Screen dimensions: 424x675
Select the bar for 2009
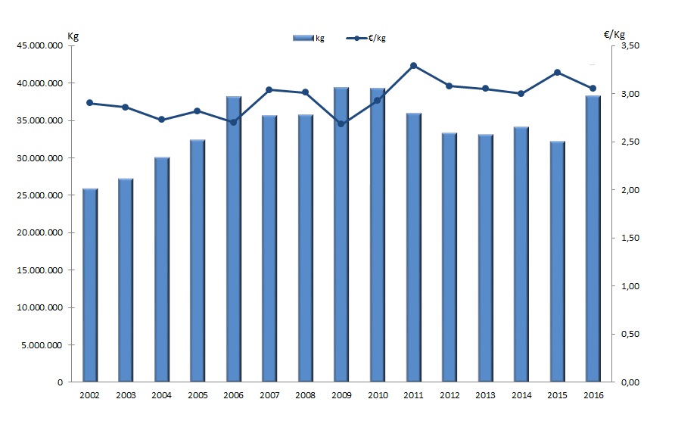pyautogui.click(x=341, y=235)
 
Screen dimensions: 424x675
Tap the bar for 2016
pyautogui.click(x=593, y=239)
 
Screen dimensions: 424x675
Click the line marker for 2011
pyautogui.click(x=413, y=66)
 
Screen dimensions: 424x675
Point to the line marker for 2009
pyautogui.click(x=341, y=123)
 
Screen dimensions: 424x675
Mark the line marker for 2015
pyautogui.click(x=557, y=73)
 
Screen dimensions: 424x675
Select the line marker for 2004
pyautogui.click(x=161, y=120)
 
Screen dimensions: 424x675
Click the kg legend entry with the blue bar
pyautogui.click(x=309, y=38)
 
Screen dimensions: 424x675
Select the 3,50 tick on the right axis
pyautogui.click(x=631, y=45)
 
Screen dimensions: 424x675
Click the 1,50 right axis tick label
pyautogui.click(x=631, y=238)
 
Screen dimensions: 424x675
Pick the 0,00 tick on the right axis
pyautogui.click(x=631, y=382)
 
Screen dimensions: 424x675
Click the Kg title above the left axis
pyautogui.click(x=73, y=35)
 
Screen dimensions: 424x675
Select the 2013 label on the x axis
pyautogui.click(x=485, y=395)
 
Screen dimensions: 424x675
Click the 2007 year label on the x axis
pyautogui.click(x=269, y=395)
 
